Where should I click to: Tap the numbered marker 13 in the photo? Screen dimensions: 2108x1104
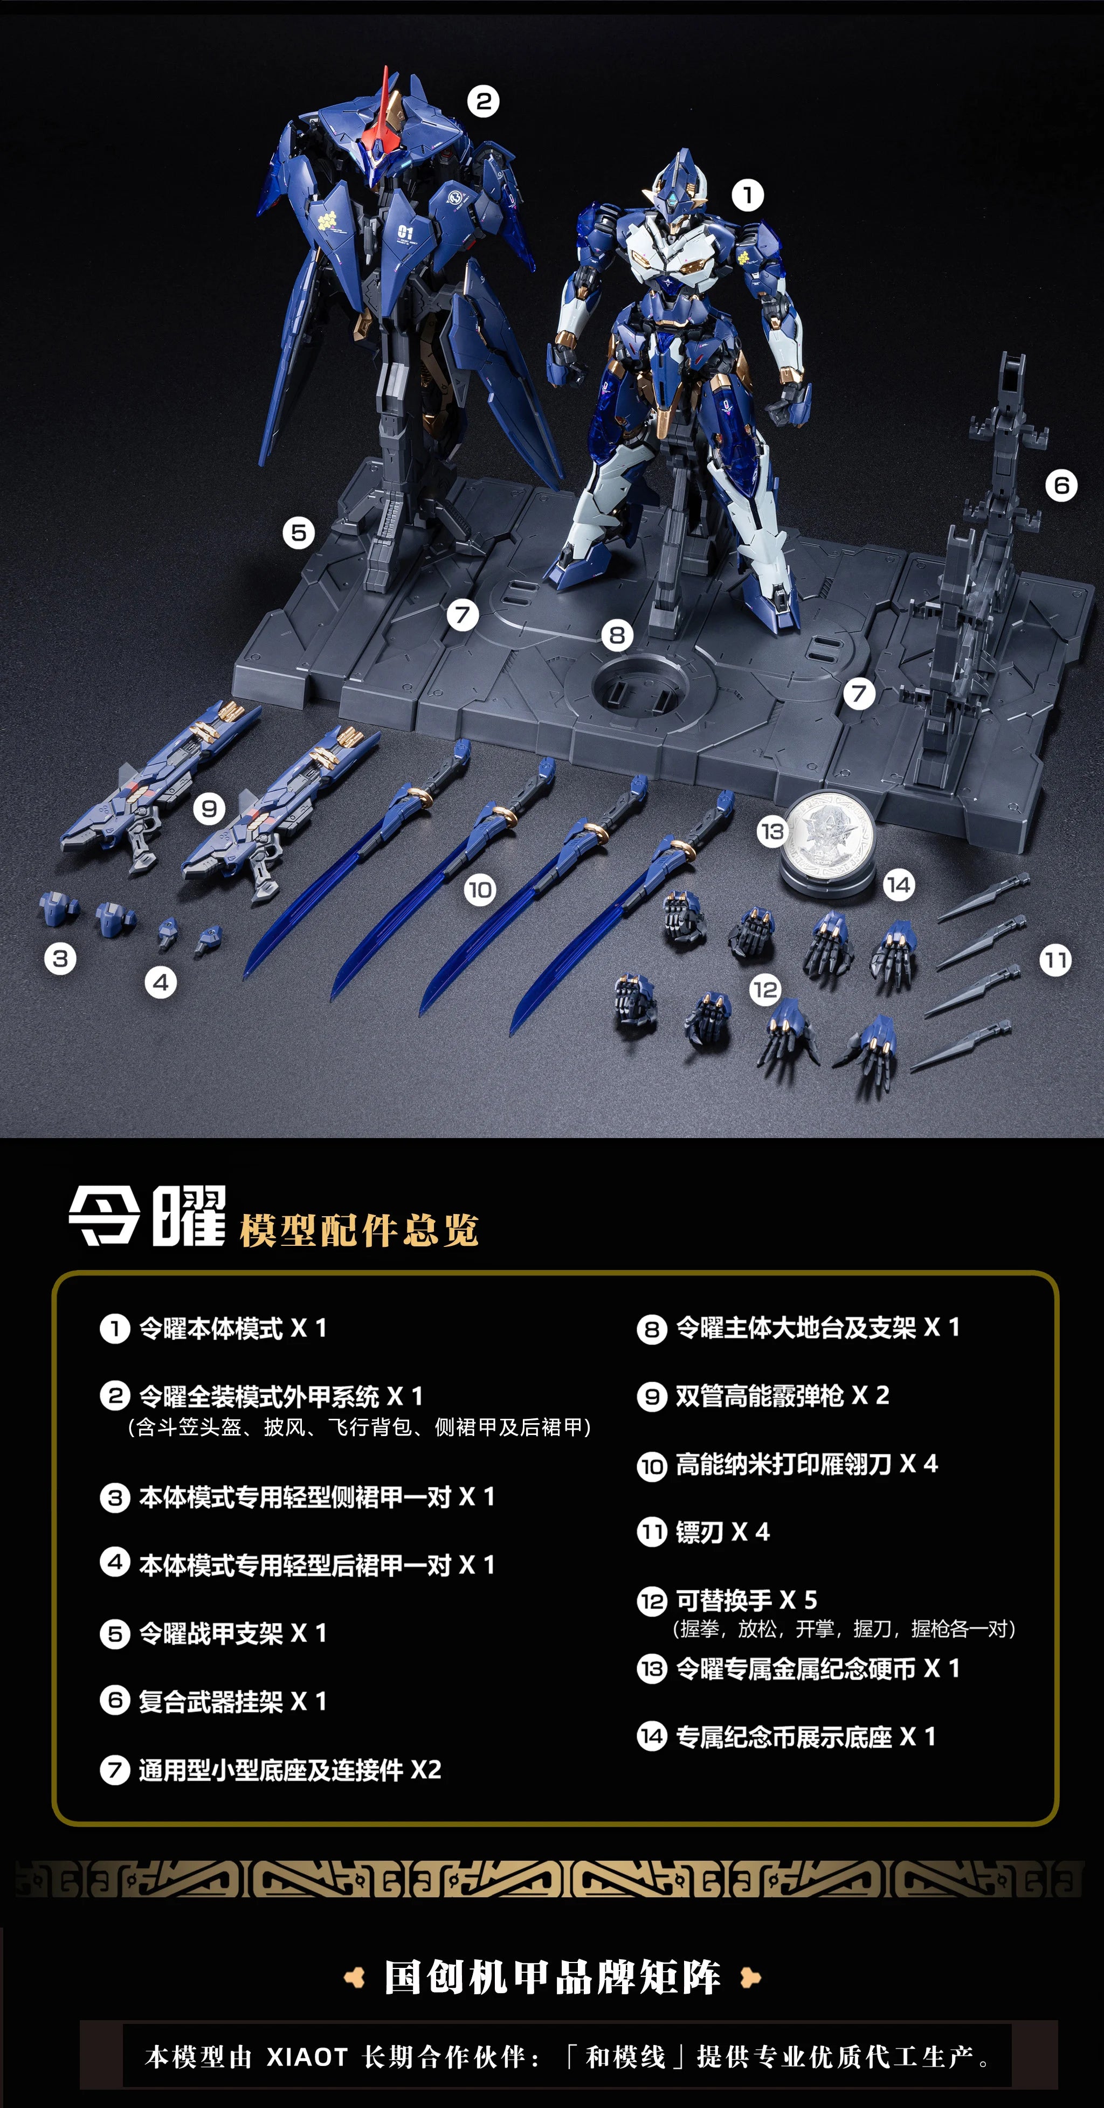click(772, 832)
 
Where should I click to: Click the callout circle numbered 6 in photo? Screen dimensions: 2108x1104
click(1061, 486)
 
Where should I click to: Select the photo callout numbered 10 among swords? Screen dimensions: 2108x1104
click(480, 890)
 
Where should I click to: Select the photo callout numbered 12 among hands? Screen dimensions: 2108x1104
click(765, 989)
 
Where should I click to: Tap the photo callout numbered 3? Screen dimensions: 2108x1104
click(60, 958)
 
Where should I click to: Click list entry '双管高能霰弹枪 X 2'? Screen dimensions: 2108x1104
click(782, 1395)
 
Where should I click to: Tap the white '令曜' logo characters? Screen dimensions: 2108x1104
click(147, 1216)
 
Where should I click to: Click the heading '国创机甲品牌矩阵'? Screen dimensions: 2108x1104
click(553, 1978)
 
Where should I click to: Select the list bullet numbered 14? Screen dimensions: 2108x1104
click(651, 1737)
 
